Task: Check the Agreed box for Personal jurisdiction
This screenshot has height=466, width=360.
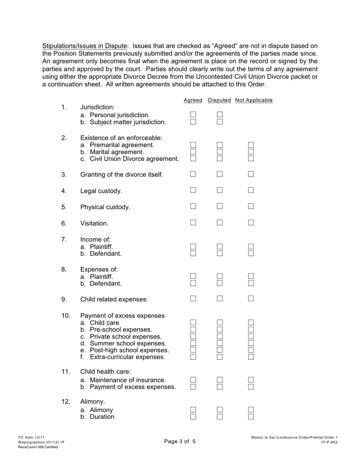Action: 193,114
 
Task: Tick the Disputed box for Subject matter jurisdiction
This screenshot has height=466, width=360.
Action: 220,122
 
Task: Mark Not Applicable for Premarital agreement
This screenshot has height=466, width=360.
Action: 251,145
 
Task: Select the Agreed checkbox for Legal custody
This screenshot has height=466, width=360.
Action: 193,190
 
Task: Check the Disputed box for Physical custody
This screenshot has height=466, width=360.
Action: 220,206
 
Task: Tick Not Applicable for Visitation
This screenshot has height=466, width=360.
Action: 251,223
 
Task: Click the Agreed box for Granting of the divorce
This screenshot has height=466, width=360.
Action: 193,174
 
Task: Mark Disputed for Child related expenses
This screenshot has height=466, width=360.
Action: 220,299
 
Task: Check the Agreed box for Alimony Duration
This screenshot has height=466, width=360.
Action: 193,417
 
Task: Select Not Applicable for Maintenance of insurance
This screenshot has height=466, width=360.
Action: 251,380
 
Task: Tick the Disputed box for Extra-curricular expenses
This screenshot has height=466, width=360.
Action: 220,357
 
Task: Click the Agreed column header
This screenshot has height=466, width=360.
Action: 193,100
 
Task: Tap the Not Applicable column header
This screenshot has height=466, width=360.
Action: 254,100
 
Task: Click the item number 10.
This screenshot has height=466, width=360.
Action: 66,316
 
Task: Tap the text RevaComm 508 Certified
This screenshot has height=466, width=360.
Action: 38,447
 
